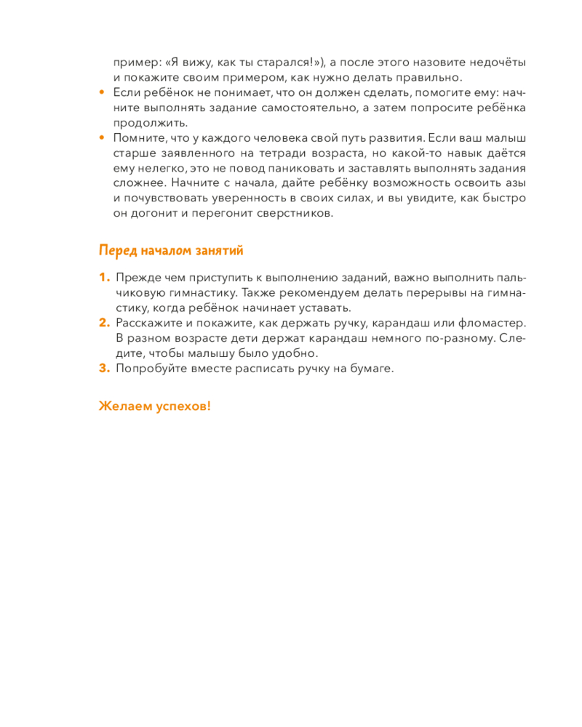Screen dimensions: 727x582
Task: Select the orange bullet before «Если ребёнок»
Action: [102, 93]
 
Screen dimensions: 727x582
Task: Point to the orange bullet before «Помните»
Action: [102, 138]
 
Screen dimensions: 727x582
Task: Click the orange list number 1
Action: [103, 278]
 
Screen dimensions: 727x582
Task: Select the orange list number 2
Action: [103, 324]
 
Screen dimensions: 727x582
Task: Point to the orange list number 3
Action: [103, 368]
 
